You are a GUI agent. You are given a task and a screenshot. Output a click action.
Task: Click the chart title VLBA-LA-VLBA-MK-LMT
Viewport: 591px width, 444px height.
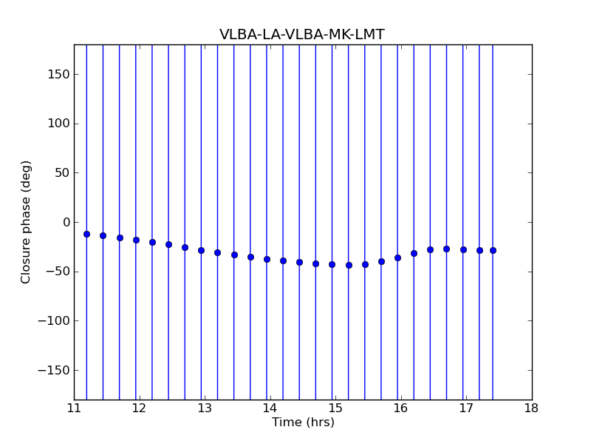[301, 35]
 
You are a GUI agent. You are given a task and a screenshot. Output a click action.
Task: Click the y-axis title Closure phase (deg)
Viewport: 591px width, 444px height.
[27, 222]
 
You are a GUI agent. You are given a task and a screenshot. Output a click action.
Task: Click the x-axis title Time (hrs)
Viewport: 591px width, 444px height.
[303, 423]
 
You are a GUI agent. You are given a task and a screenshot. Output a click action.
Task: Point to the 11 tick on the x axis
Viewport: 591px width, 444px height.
[74, 408]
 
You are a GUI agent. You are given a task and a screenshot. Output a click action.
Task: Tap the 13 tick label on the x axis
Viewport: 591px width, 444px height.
[205, 408]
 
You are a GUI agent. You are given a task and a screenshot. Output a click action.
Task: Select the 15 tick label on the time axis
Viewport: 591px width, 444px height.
[335, 408]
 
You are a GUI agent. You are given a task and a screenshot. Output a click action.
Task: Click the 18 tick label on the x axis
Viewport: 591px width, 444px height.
[531, 408]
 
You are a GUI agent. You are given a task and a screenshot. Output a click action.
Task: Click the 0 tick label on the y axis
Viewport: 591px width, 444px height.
[65, 222]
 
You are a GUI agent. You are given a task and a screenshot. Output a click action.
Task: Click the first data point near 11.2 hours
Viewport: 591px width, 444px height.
[86, 234]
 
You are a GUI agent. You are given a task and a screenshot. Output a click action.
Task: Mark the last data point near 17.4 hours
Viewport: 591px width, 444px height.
[493, 250]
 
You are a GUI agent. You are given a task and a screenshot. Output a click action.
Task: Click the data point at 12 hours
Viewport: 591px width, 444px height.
[136, 240]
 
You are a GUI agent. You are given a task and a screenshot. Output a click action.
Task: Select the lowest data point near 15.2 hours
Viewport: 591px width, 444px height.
[349, 265]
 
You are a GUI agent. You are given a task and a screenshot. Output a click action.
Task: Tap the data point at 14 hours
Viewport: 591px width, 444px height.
[267, 259]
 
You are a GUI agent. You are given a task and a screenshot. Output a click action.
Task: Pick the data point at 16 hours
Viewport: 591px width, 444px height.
[397, 258]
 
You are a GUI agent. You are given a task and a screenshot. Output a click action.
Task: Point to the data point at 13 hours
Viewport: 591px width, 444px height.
[201, 250]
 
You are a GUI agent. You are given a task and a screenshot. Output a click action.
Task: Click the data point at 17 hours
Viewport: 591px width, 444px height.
[463, 249]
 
